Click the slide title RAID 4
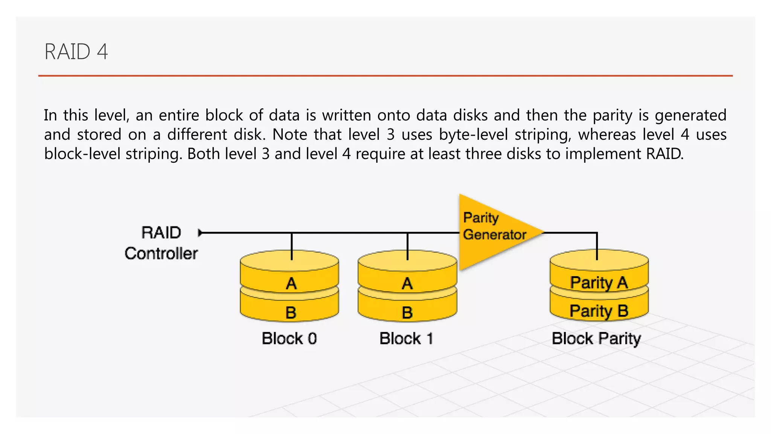point(76,52)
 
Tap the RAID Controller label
point(161,243)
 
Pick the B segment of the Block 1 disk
point(407,312)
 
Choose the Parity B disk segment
point(599,311)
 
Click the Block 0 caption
point(289,338)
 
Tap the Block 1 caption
point(406,338)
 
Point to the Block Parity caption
point(596,338)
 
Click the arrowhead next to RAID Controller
point(200,233)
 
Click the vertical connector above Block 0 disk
point(292,246)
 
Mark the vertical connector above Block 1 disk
point(408,246)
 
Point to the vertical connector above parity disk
point(597,246)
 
